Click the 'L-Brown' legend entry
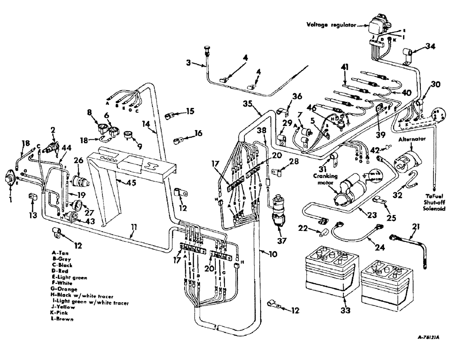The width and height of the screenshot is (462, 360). click(x=63, y=319)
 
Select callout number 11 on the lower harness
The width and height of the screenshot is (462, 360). click(x=133, y=228)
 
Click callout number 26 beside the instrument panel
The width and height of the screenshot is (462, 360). click(x=77, y=161)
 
